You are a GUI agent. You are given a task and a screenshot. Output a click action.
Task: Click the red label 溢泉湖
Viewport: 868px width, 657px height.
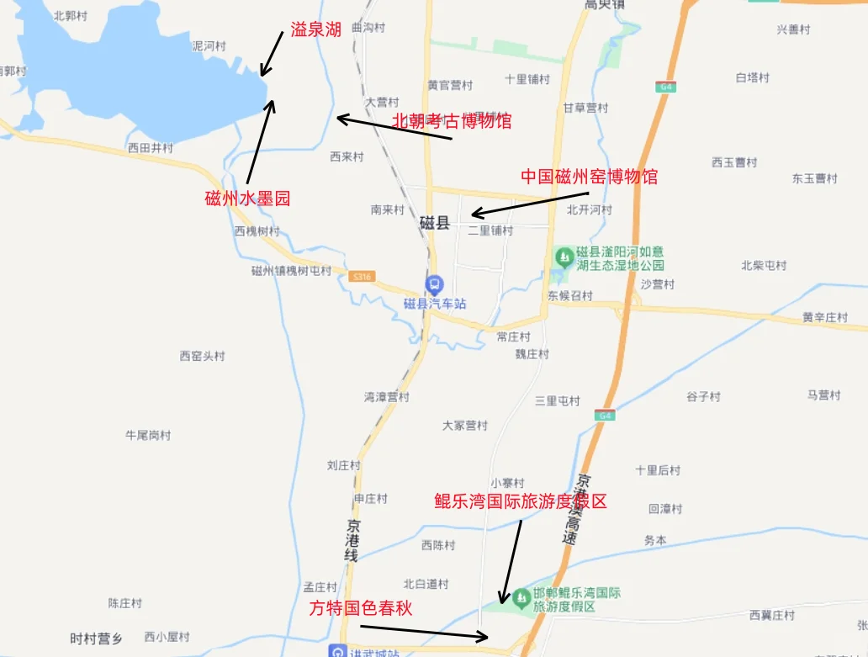coord(316,30)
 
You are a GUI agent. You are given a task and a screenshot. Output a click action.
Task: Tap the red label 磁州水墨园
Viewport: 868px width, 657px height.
coord(247,199)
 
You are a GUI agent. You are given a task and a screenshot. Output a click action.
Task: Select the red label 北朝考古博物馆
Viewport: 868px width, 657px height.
coord(452,120)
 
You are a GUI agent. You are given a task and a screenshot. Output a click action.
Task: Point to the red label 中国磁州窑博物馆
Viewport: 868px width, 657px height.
coord(589,177)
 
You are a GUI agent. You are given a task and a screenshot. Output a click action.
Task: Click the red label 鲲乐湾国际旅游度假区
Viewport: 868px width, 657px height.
coord(521,501)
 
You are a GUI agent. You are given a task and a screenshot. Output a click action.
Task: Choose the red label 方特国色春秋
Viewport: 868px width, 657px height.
coord(361,608)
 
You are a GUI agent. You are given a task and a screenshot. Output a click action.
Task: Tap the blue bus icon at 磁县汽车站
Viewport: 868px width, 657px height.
coord(434,285)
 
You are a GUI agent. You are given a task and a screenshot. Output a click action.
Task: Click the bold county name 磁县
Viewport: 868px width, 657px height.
coord(436,224)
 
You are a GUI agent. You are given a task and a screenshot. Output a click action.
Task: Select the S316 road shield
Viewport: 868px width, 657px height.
coord(363,276)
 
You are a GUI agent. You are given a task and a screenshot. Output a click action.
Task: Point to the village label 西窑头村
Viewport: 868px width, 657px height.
coord(203,356)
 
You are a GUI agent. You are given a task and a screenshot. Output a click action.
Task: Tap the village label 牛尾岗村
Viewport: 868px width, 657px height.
coord(148,435)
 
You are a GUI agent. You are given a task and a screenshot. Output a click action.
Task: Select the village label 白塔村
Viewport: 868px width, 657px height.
coord(753,77)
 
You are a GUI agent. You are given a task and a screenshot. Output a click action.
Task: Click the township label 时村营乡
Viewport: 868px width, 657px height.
coord(96,638)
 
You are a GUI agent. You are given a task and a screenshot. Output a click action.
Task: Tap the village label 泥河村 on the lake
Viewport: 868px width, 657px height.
coord(209,46)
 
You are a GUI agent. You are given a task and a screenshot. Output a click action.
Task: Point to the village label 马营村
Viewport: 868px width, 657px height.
coord(823,395)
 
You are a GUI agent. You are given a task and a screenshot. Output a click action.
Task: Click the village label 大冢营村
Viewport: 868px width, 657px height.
coord(465,426)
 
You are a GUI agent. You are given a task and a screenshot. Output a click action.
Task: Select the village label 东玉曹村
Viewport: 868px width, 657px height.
coord(814,178)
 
